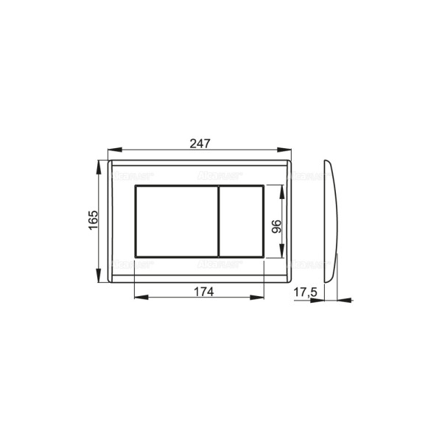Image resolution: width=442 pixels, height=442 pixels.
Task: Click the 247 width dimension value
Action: pos(199,144)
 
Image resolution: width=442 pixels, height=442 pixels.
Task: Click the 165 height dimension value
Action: pos(94,220)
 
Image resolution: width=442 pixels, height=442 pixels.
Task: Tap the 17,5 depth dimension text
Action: pos(305,292)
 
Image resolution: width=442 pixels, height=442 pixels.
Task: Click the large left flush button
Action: pos(175,221)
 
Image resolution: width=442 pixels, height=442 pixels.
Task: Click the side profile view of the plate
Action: pos(331,221)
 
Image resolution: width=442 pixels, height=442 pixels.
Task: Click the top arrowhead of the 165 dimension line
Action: pos(101,163)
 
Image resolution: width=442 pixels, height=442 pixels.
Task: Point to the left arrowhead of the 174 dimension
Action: pos(138,299)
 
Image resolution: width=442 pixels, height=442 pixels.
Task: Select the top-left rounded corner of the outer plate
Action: pos(110,161)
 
